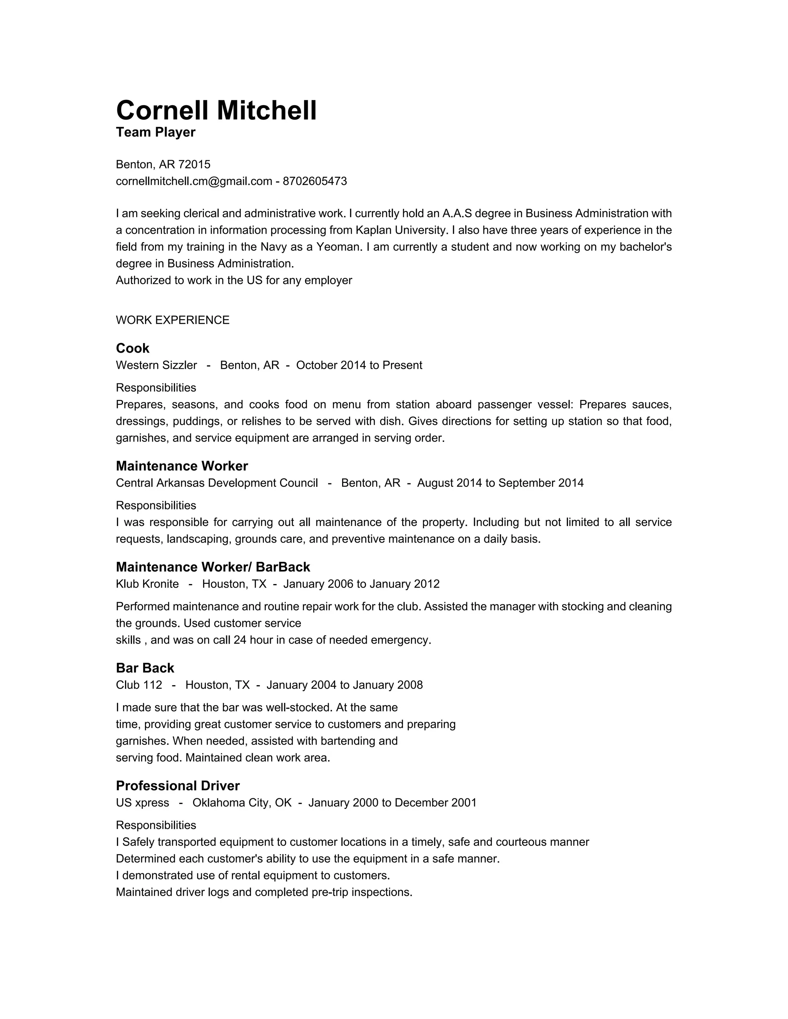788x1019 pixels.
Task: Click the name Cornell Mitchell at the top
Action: click(x=216, y=111)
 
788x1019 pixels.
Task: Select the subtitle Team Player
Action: click(x=155, y=133)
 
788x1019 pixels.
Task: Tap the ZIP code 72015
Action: click(x=194, y=164)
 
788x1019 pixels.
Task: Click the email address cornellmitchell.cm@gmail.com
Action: click(x=194, y=181)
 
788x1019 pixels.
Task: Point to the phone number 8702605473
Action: click(x=315, y=181)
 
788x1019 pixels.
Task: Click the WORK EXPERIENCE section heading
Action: click(x=172, y=320)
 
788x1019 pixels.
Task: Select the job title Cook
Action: click(x=133, y=348)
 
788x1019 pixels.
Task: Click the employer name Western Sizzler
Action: click(x=156, y=365)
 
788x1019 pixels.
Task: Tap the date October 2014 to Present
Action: click(x=359, y=365)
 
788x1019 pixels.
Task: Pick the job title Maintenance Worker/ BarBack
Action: click(x=213, y=567)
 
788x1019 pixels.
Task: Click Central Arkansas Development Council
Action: click(x=217, y=483)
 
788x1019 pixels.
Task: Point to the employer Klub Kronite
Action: click(x=147, y=584)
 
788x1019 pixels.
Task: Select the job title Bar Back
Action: click(x=145, y=668)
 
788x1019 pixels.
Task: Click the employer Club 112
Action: click(x=139, y=685)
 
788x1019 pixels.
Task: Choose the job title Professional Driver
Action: click(x=177, y=786)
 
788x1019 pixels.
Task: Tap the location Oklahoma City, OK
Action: click(x=242, y=803)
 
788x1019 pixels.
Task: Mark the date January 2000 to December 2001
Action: click(x=392, y=803)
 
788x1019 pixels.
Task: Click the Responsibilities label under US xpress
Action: click(x=156, y=825)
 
